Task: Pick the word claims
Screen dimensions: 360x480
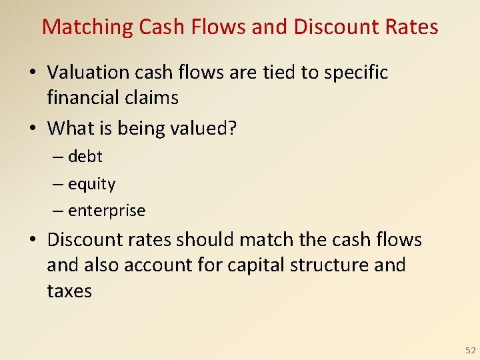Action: tap(154, 98)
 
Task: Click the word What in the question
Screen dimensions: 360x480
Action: tap(69, 127)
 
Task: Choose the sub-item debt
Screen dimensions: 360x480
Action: tap(85, 157)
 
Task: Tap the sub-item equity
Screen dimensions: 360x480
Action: tap(91, 184)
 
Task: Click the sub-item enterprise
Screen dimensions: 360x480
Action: tap(106, 211)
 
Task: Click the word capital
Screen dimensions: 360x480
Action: tap(257, 265)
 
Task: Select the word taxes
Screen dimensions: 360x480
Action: tap(69, 291)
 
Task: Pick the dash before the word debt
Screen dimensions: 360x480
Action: tap(58, 157)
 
